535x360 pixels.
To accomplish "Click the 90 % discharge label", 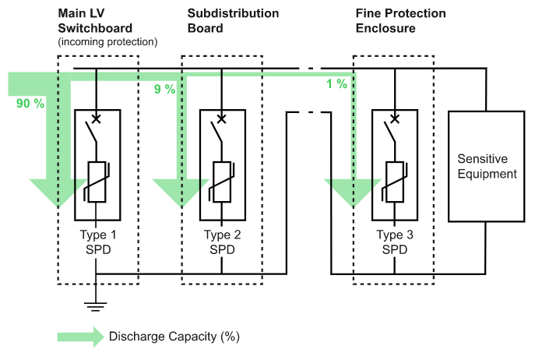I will pyautogui.click(x=29, y=103).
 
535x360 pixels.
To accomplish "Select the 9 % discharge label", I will pyautogui.click(x=164, y=90).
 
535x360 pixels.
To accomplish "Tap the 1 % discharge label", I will pyautogui.click(x=336, y=84).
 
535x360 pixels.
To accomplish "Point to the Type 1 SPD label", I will pyautogui.click(x=97, y=241).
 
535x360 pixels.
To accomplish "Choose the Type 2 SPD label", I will pyautogui.click(x=222, y=241).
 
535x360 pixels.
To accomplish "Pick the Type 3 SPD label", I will pyautogui.click(x=394, y=241).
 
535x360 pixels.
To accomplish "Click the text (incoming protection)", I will pyautogui.click(x=108, y=41).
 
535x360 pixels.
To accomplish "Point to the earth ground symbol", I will pyautogui.click(x=97, y=305).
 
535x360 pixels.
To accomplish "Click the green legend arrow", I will pyautogui.click(x=79, y=337).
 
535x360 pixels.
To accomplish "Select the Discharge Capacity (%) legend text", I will pyautogui.click(x=174, y=337).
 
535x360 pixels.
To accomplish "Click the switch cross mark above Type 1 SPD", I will pyautogui.click(x=97, y=119).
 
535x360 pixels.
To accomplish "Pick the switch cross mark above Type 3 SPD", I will pyautogui.click(x=394, y=119).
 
